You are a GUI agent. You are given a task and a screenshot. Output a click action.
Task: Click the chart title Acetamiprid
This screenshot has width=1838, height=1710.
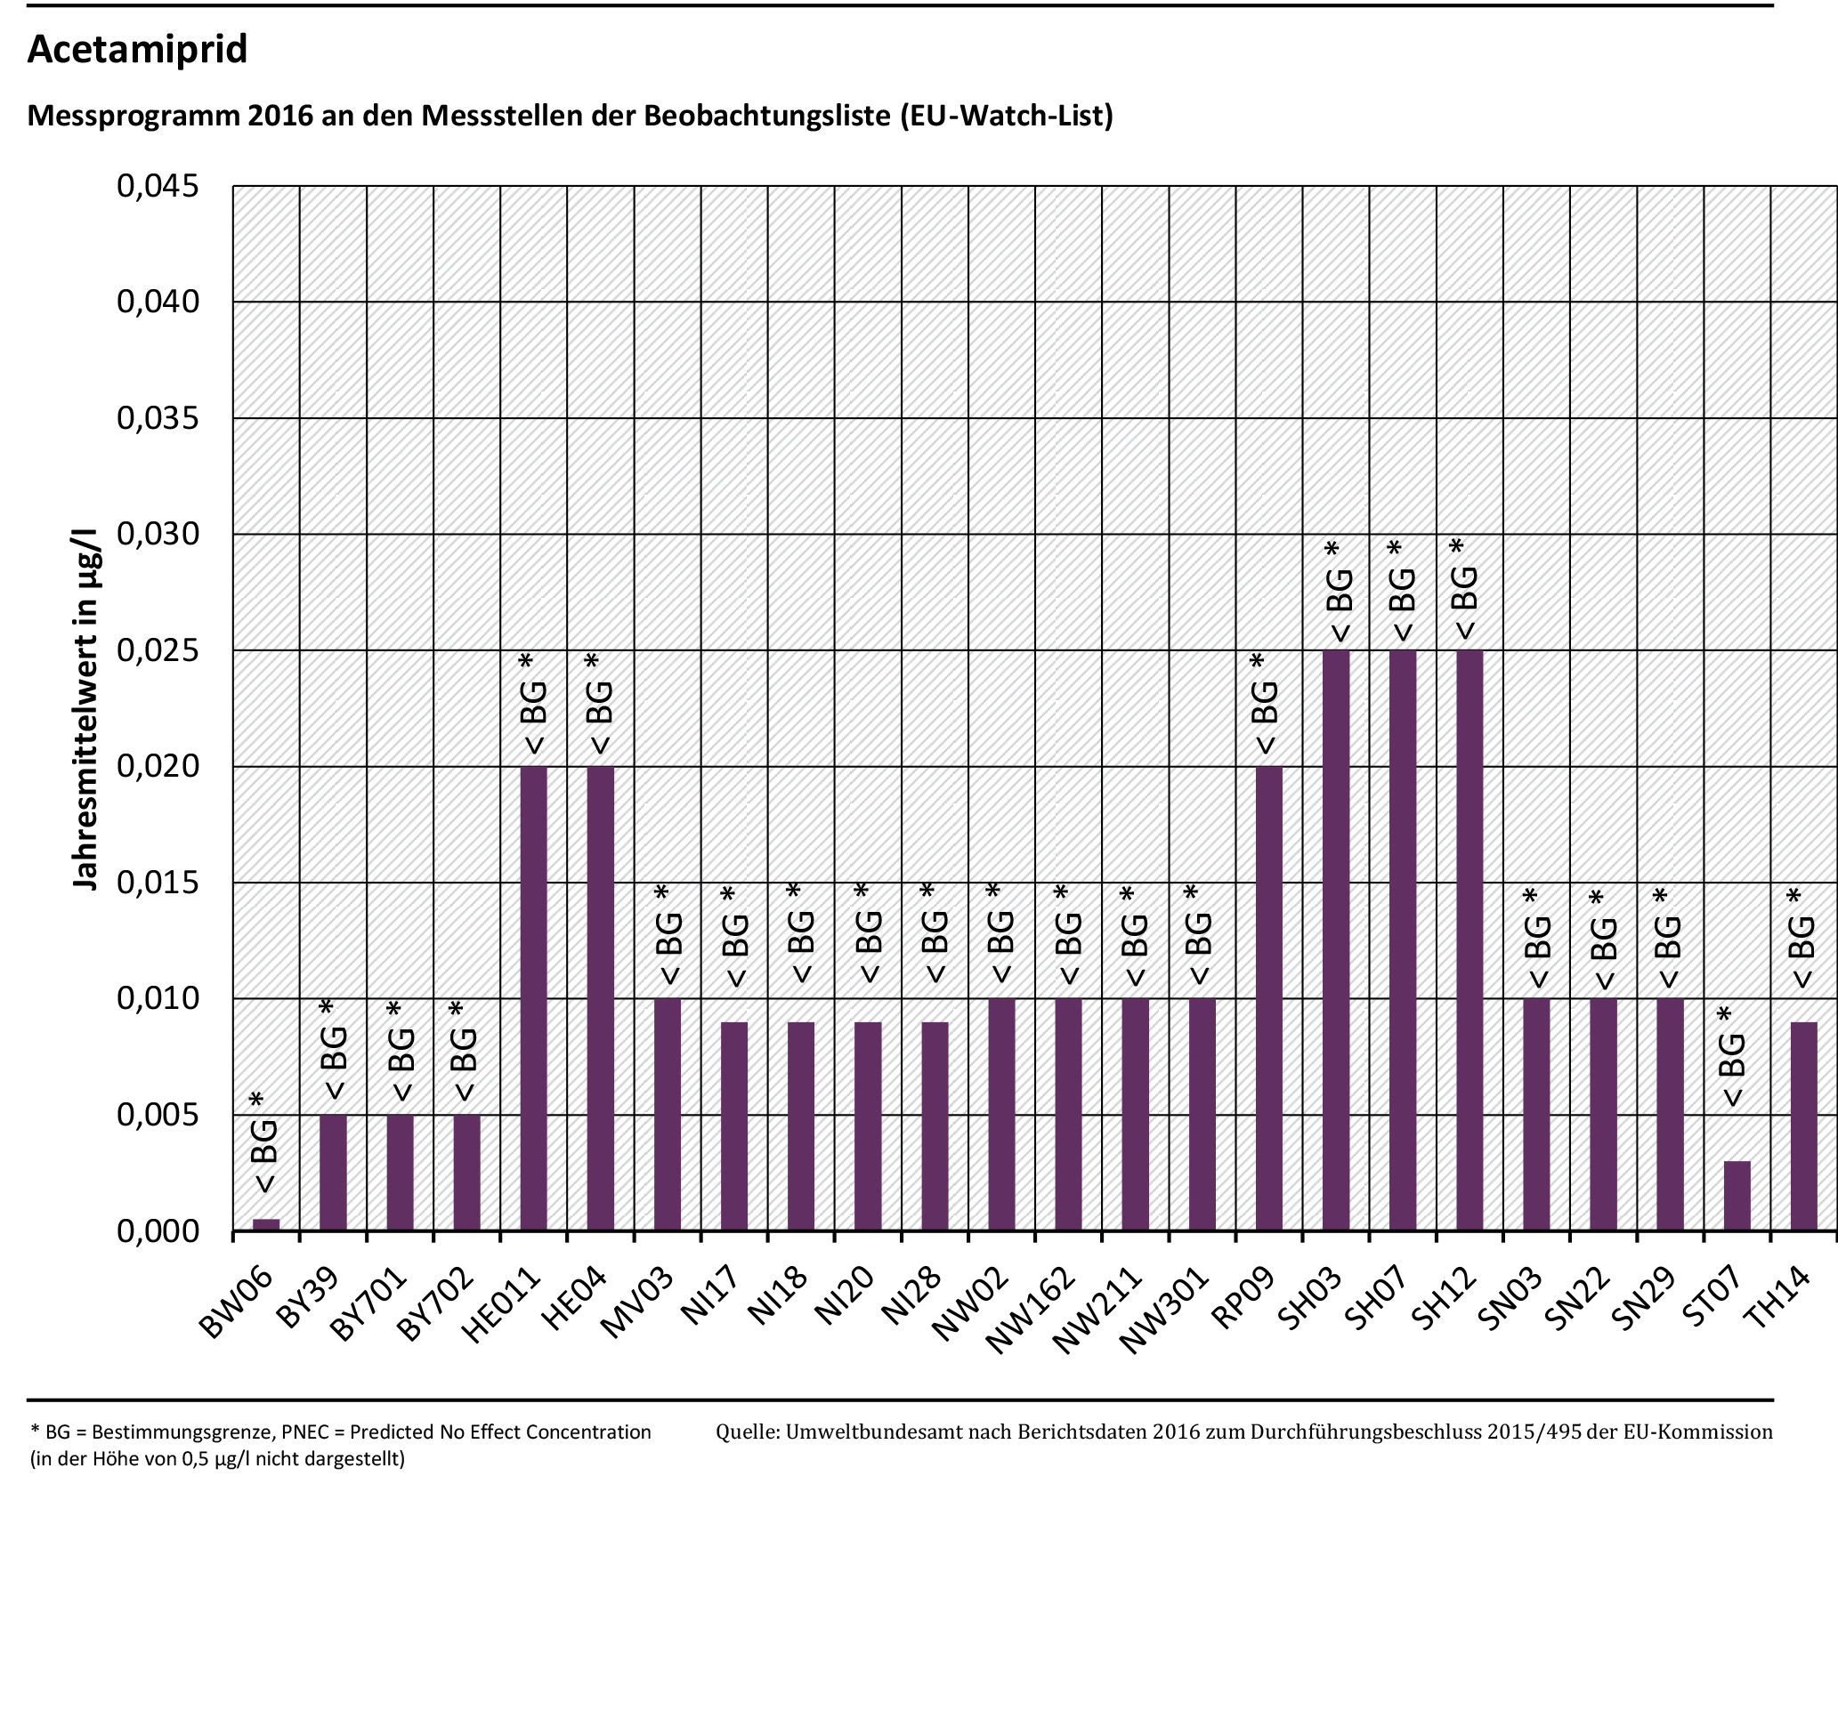(137, 49)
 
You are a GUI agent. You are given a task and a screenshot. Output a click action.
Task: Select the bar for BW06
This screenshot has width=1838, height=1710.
(266, 1224)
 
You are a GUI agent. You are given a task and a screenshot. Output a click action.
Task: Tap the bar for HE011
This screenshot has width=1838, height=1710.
(533, 998)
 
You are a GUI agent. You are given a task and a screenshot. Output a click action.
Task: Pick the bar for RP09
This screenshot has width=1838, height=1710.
(1268, 998)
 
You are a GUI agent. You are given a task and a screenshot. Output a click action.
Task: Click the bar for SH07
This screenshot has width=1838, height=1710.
(1403, 940)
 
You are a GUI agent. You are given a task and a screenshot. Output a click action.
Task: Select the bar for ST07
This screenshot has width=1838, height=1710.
(1737, 1195)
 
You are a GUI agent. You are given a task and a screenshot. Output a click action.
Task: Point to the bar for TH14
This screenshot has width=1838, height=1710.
(1804, 1125)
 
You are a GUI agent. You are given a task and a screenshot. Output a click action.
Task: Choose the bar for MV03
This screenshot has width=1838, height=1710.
(668, 1114)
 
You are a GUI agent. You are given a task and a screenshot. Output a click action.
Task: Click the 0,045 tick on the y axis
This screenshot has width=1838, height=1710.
(158, 186)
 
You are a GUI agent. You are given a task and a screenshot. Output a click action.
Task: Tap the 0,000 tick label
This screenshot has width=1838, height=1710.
(158, 1231)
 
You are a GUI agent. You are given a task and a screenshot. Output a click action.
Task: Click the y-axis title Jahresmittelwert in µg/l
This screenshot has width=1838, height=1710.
(85, 709)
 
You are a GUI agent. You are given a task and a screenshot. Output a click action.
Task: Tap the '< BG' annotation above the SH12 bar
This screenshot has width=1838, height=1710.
(1464, 601)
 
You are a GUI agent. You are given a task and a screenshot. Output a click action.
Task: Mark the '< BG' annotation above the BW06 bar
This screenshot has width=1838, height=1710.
(264, 1156)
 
